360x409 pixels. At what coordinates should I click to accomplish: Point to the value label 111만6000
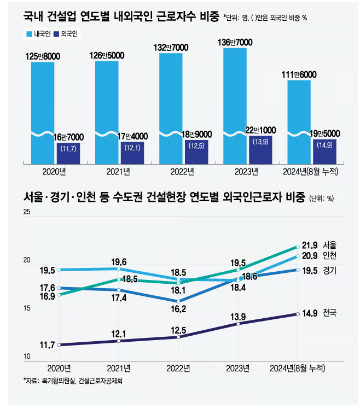298,74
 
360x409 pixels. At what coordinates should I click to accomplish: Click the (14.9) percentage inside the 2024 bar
324,145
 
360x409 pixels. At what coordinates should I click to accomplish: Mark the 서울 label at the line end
330,244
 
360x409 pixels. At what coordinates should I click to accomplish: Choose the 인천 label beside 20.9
330,256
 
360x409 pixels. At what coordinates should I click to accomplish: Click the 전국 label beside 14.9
330,313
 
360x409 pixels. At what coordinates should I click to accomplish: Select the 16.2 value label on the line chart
178,309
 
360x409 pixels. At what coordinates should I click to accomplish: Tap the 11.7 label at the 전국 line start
47,344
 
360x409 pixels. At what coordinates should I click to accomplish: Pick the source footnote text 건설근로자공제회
101,381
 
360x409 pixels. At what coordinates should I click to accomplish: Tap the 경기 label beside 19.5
330,270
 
